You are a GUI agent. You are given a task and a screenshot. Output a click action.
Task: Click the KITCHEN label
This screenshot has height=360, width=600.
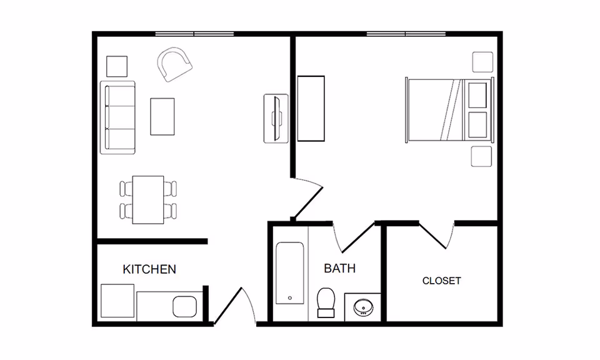[x=149, y=269]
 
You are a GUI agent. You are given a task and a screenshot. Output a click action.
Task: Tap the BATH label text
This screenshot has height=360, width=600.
[x=339, y=268]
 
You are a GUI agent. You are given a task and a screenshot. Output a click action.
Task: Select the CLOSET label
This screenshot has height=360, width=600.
[x=441, y=281]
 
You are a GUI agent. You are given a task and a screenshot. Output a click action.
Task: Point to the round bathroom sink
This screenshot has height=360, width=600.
[x=363, y=307]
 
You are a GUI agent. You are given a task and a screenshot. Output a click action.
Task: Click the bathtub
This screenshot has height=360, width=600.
[x=291, y=273]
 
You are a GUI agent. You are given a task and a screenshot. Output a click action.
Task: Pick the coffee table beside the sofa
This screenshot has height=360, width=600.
[x=162, y=116]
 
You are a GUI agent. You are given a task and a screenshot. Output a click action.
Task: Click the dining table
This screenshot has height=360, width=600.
[x=149, y=200]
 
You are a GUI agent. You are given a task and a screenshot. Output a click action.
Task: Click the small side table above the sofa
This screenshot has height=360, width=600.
[x=117, y=66]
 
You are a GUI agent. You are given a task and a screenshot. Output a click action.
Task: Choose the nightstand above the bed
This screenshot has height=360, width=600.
[x=482, y=62]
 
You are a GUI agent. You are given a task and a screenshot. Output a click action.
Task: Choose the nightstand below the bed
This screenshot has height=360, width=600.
[x=482, y=156]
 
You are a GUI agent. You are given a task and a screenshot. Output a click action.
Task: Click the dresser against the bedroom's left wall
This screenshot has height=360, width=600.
[x=311, y=108]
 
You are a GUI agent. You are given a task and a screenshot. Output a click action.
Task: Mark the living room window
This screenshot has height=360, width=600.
[x=194, y=33]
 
